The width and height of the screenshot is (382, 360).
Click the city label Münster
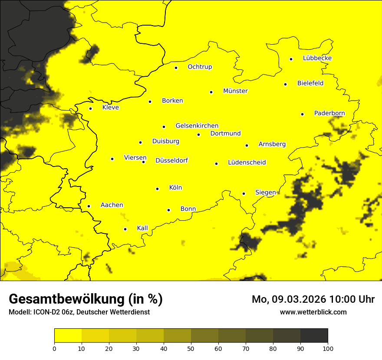click(235, 91)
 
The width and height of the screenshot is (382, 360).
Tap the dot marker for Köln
click(157, 189)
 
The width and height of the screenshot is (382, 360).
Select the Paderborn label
click(329, 113)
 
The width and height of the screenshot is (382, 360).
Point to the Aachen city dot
click(89, 206)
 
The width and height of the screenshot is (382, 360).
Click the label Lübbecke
click(317, 58)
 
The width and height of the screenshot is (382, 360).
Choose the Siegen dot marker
click(244, 193)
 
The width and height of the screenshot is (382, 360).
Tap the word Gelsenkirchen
click(197, 126)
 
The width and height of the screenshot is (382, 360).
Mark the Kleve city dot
click(90, 108)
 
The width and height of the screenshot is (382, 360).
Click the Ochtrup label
click(200, 67)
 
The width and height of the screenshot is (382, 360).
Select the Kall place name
click(142, 228)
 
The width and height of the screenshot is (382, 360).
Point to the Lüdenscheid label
click(247, 163)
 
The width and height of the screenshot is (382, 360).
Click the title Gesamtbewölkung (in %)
click(86, 299)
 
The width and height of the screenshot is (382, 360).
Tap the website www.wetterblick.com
click(313, 312)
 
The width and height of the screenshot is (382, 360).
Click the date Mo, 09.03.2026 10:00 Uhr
click(313, 299)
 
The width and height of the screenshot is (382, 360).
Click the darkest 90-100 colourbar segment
click(314, 335)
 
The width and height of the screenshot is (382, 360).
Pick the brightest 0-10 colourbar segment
click(68, 335)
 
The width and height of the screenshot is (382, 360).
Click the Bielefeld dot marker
click(285, 84)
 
